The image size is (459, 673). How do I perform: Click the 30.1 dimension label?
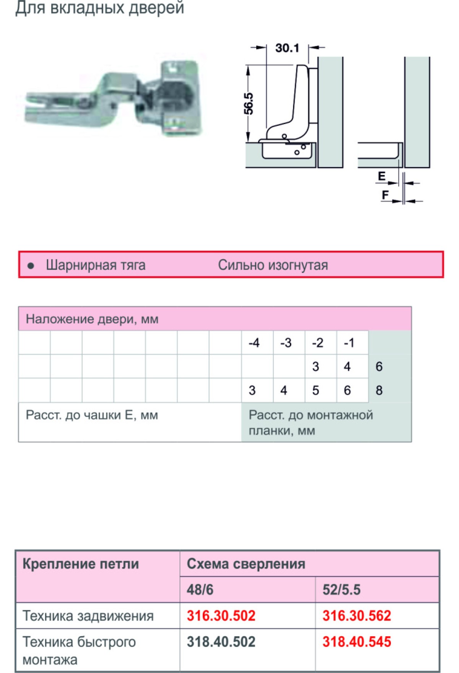click(x=287, y=48)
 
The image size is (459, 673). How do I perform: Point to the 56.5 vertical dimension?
click(x=249, y=103)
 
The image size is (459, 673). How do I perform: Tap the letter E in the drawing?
click(x=382, y=176)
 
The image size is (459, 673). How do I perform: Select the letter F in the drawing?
click(x=385, y=195)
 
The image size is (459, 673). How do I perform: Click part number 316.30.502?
click(x=221, y=616)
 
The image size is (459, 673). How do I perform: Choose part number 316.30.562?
click(x=356, y=616)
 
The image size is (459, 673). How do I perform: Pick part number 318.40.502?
click(x=221, y=642)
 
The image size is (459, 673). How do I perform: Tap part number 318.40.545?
click(x=356, y=642)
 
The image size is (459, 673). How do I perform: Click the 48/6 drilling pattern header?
click(x=200, y=590)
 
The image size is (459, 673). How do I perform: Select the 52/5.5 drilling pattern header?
click(x=341, y=590)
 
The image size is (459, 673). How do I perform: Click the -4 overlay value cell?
click(x=254, y=343)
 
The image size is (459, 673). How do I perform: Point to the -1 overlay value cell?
click(x=349, y=343)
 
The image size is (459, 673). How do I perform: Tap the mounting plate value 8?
click(x=379, y=390)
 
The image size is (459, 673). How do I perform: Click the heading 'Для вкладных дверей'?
click(x=99, y=8)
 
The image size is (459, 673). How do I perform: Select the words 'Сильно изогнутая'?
click(x=273, y=265)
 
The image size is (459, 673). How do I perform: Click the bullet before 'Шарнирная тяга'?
click(x=31, y=265)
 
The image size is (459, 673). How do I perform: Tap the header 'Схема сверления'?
click(x=246, y=564)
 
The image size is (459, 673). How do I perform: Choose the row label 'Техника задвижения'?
click(x=88, y=616)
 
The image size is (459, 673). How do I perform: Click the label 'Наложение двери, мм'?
click(x=92, y=319)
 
